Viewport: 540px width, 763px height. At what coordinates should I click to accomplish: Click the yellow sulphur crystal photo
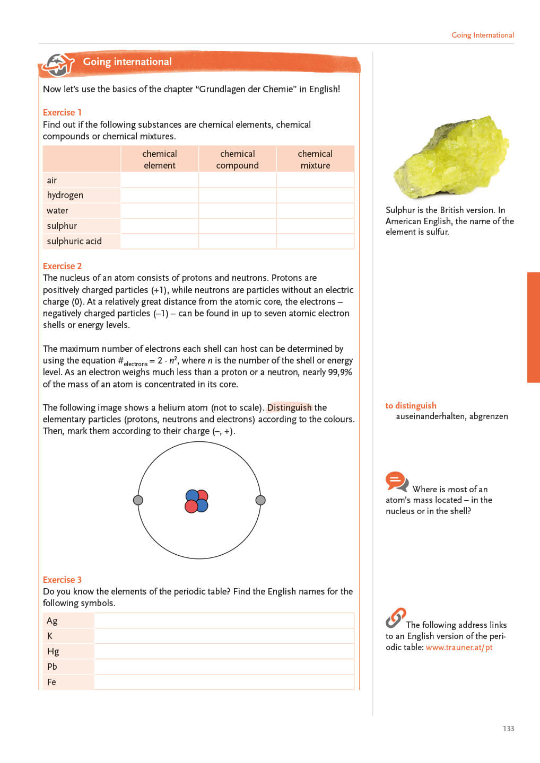pos(450,157)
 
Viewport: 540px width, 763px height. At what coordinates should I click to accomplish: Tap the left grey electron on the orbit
pos(138,500)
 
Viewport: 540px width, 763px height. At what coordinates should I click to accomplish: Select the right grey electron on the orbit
pos(260,500)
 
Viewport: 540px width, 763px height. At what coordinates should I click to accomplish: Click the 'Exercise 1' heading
pos(62,112)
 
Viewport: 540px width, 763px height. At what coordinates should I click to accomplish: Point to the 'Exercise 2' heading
pos(62,266)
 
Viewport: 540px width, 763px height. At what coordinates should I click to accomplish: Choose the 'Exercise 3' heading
pos(62,580)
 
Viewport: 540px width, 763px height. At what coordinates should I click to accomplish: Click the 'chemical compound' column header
pos(237,159)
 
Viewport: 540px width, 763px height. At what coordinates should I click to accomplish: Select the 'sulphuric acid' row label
pos(74,241)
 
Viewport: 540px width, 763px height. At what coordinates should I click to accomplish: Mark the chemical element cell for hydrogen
pos(160,195)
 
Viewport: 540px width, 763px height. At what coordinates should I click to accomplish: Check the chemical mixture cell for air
pos(315,180)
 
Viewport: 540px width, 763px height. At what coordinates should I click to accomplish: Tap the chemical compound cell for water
pos(237,210)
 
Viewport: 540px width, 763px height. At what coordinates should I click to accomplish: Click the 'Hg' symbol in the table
pos(53,651)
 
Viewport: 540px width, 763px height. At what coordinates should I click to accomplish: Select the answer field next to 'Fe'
pos(224,682)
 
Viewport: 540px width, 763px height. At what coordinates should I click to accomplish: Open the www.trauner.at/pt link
pos(459,647)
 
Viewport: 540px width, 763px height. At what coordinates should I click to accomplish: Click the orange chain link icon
pos(396,617)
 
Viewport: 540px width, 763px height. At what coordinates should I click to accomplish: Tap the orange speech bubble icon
pos(396,481)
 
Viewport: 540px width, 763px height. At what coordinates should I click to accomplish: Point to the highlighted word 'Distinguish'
pos(289,407)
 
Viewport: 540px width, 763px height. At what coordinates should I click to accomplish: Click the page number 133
pos(508,729)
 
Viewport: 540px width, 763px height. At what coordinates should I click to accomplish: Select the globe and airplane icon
pos(58,65)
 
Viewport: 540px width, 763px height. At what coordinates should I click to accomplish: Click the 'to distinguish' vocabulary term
pos(411,405)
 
